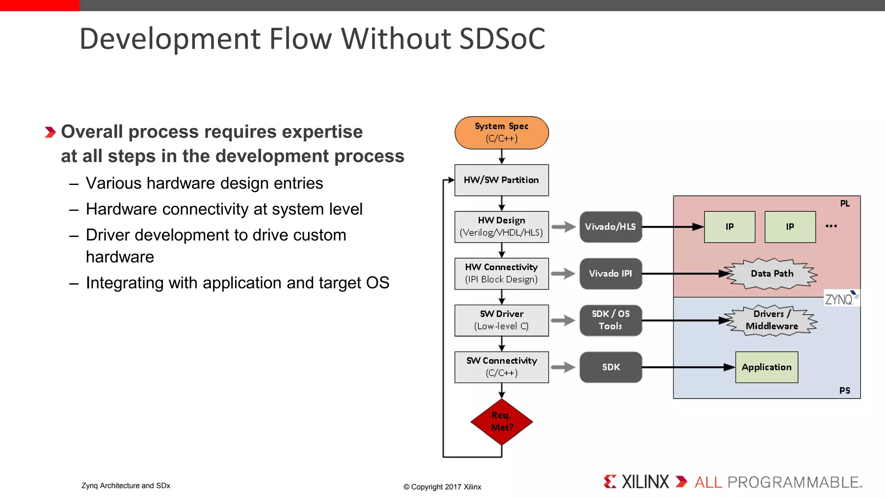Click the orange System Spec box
tap(501, 133)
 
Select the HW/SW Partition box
tap(501, 180)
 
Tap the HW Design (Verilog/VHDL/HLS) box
tap(501, 227)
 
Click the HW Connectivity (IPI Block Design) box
tap(501, 273)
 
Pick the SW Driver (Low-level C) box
tap(501, 320)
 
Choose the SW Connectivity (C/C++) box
tap(501, 367)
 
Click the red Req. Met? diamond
tap(501, 421)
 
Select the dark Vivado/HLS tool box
tap(610, 227)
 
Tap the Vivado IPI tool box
tap(610, 273)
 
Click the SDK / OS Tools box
tap(610, 320)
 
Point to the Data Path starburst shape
tap(772, 273)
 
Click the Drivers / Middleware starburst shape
tap(772, 320)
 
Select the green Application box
tap(766, 367)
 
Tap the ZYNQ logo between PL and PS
tap(841, 298)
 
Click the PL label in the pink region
tap(845, 204)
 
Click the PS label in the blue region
tap(844, 390)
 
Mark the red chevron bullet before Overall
tap(50, 132)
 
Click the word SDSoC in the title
tap(502, 39)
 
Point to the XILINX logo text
tap(645, 482)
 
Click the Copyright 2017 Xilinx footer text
tap(442, 487)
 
